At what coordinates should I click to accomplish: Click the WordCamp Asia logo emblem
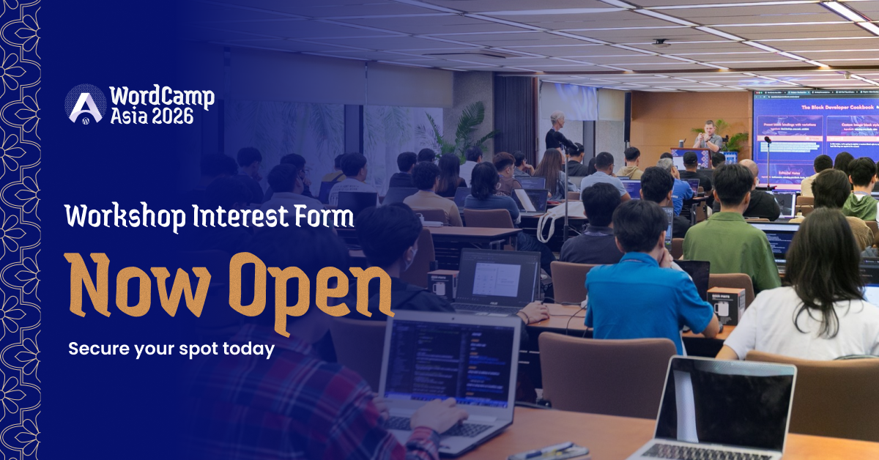coord(86,104)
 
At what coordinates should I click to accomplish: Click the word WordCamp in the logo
coord(161,97)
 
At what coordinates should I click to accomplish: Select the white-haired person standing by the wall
coord(558,132)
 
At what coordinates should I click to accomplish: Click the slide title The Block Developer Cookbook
coord(837,107)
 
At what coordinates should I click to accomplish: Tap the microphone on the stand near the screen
coord(767,140)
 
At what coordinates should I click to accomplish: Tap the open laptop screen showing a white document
coord(498,279)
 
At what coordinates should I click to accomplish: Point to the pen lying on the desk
coord(541,450)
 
